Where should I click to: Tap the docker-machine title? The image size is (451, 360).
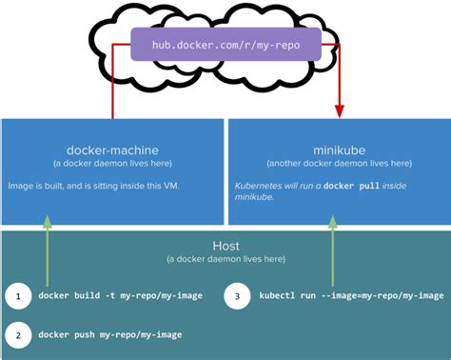112,150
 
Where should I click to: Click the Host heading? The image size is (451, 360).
225,245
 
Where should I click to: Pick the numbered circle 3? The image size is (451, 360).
238,295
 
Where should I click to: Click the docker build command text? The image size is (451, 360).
118,295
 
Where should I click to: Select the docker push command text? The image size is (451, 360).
110,336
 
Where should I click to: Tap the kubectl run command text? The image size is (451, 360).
350,295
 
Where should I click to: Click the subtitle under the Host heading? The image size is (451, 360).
225,259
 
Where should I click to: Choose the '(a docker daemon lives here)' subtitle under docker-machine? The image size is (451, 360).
112,163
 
